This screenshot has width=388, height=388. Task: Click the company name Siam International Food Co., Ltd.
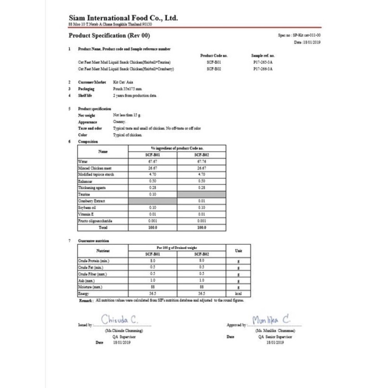click(x=123, y=18)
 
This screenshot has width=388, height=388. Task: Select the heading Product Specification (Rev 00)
click(x=109, y=36)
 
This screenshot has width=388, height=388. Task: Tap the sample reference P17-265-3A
click(x=263, y=62)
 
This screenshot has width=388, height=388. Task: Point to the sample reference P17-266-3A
click(x=263, y=69)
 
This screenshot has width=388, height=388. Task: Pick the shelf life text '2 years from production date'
click(x=135, y=95)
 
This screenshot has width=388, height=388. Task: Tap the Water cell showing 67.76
click(x=201, y=161)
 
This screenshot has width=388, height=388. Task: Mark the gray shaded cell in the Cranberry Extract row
click(x=152, y=201)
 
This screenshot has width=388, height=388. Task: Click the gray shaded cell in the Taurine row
click(x=201, y=194)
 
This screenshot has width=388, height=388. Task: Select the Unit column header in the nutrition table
click(x=238, y=251)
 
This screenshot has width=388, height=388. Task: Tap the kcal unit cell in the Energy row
click(x=238, y=294)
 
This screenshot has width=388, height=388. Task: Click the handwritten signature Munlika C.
click(x=271, y=320)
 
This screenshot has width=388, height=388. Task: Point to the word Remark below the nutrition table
click(x=85, y=300)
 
